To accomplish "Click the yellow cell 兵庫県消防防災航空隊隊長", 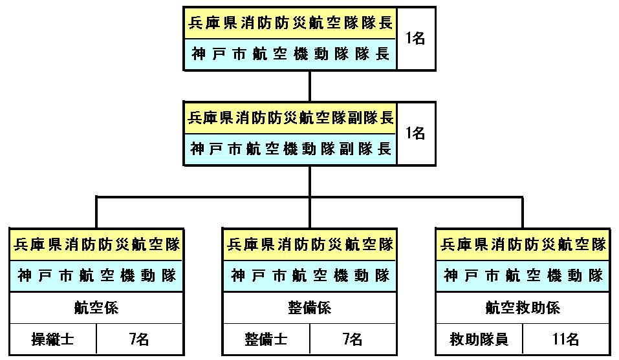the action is [x=290, y=23].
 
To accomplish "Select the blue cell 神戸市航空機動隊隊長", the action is [x=290, y=54].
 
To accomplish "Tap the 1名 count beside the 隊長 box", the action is [x=416, y=39].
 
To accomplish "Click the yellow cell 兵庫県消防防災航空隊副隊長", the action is [x=290, y=118].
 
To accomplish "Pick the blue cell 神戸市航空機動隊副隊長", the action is [x=290, y=149].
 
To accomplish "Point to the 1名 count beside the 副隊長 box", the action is [x=416, y=134].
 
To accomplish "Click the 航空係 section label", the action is [x=96, y=308].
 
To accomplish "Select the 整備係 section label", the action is [x=309, y=308].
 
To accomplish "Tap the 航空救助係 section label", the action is [x=523, y=308].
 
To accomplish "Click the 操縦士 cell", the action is [x=53, y=339].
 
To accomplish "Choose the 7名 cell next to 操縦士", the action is [x=140, y=339].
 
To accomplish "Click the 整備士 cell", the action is [x=266, y=339].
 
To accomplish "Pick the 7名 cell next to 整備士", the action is [x=353, y=339].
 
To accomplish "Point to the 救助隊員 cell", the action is [x=479, y=339].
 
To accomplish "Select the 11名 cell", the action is [x=566, y=339].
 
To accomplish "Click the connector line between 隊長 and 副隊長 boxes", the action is [x=310, y=87].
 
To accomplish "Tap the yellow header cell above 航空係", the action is [x=96, y=244].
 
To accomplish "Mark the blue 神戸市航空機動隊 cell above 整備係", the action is [x=309, y=275].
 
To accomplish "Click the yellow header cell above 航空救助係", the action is [x=523, y=244].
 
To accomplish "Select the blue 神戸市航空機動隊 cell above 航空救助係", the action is [x=523, y=275].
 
